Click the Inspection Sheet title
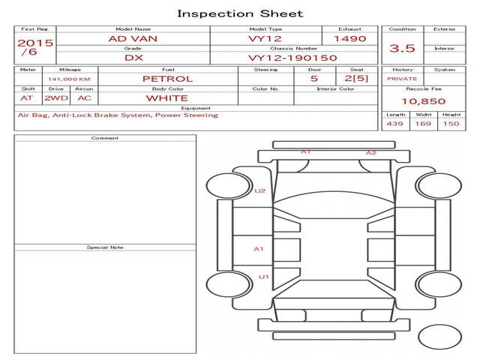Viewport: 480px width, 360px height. tap(240, 13)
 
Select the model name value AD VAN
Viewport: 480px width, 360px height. tap(133, 39)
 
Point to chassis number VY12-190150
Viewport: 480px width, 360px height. tap(292, 58)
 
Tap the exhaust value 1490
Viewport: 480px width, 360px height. tap(350, 39)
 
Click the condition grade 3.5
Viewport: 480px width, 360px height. tap(402, 48)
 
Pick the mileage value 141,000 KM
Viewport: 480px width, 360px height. tap(69, 79)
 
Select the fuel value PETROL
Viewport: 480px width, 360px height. tap(168, 79)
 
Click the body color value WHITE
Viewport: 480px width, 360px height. tap(166, 98)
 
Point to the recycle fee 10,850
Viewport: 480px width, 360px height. tap(423, 101)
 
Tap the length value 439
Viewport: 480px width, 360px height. tap(394, 124)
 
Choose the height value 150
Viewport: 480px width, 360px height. tap(451, 124)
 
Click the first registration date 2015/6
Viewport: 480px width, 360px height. tap(35, 47)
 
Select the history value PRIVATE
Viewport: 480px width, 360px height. tap(402, 79)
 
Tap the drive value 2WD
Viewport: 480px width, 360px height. tap(56, 98)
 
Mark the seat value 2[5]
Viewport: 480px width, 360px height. tap(356, 78)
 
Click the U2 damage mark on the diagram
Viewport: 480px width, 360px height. tap(260, 191)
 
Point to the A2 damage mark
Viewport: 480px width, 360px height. tap(371, 153)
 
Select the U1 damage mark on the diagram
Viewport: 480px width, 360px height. tap(263, 277)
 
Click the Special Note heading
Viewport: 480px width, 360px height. tap(105, 247)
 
